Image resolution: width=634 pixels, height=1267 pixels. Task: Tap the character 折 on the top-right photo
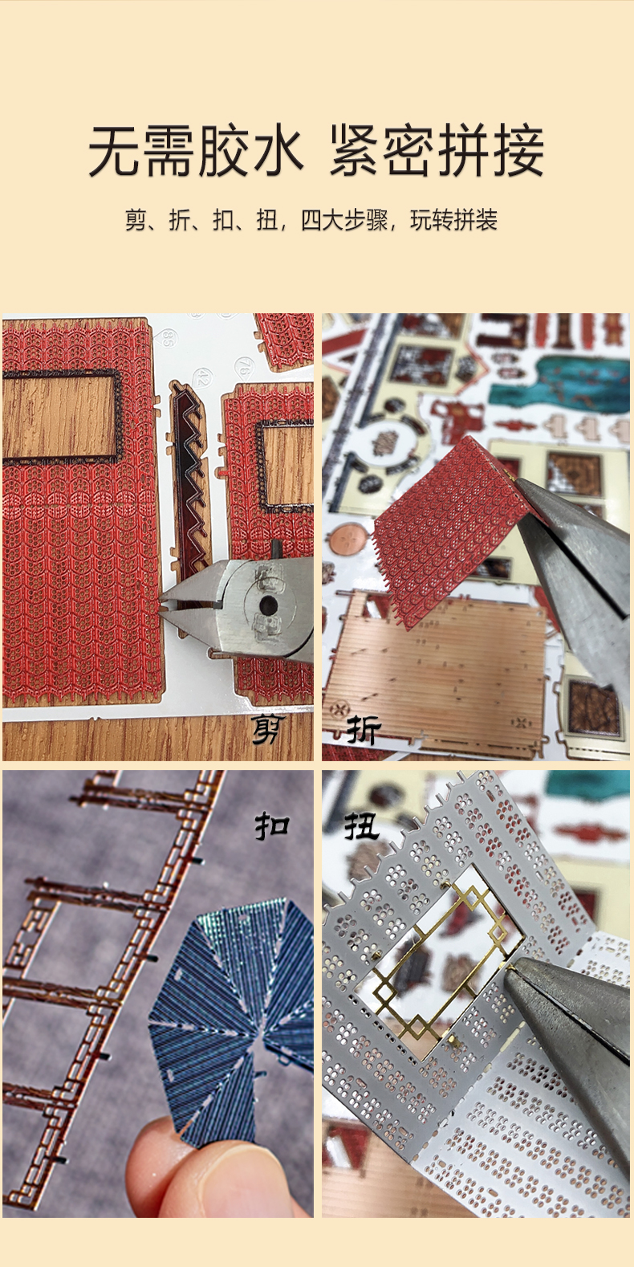[364, 730]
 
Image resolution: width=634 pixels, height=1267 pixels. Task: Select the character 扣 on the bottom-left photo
[271, 826]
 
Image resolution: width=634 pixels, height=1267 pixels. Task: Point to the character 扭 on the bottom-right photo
[362, 827]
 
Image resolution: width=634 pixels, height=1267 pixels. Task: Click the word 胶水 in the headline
[251, 151]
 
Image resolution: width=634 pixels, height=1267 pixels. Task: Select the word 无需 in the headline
[141, 151]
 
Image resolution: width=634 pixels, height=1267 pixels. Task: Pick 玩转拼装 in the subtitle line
[454, 220]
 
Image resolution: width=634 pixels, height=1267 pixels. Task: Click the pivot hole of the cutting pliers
[268, 604]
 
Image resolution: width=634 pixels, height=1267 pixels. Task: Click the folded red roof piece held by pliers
[447, 526]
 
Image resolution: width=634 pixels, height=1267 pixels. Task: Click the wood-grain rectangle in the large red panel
[59, 416]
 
